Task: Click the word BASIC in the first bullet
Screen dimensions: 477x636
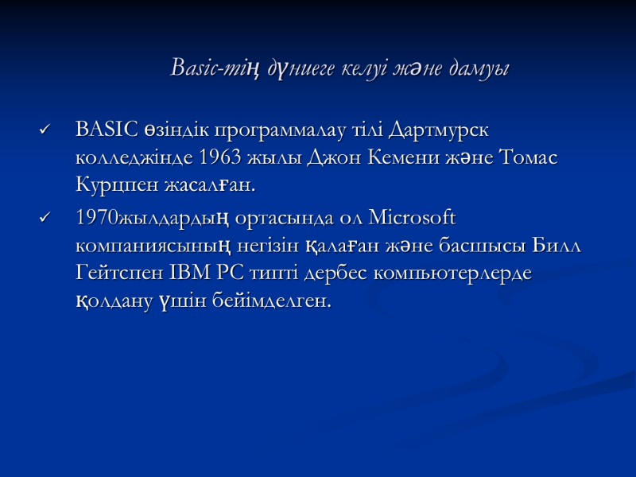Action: pos(108,129)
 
